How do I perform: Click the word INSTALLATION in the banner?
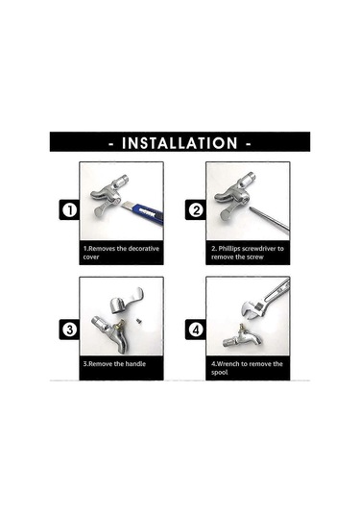point(180,143)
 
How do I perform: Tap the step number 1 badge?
point(69,209)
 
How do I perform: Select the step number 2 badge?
point(196,209)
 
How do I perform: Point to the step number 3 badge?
point(69,330)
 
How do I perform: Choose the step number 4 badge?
point(196,330)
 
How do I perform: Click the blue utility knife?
point(143,212)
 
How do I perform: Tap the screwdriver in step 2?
point(269,220)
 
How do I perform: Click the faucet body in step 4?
point(243,337)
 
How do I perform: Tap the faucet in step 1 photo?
point(108,195)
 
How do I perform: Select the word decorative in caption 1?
point(143,248)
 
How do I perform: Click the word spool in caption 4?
point(219,373)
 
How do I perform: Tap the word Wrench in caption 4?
point(228,363)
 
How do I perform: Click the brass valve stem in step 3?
point(120,325)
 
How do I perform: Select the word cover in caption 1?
point(91,257)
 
